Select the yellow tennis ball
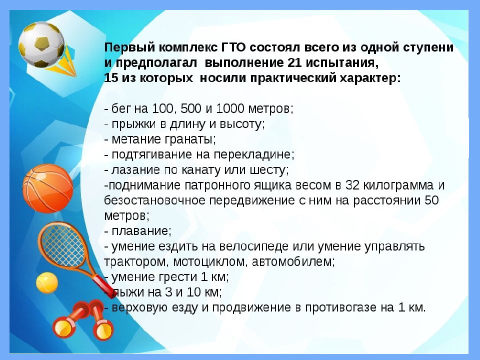pos(47,282)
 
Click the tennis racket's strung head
pos(58,245)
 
